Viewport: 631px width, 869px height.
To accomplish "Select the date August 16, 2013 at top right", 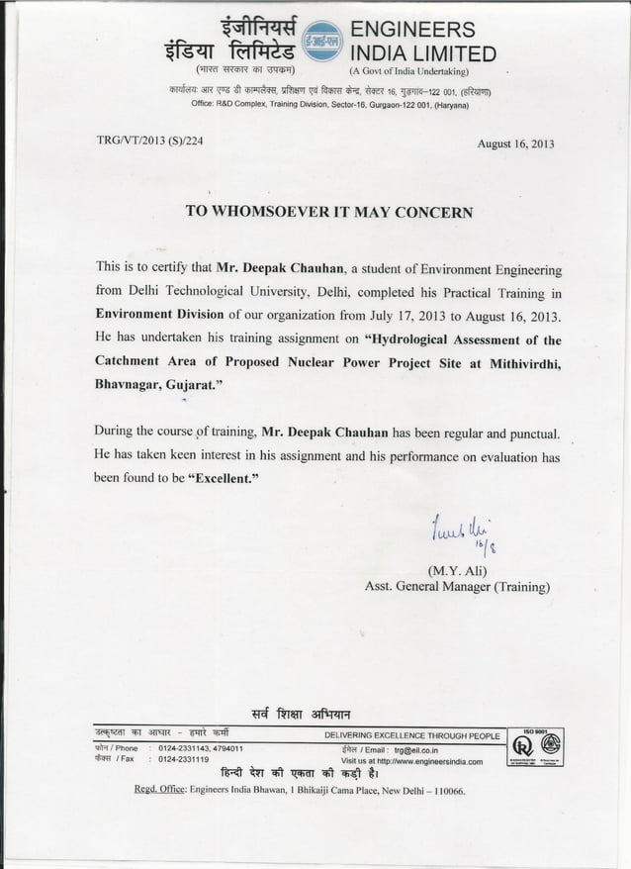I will [515, 144].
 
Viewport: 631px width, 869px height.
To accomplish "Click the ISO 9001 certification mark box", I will [534, 748].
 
